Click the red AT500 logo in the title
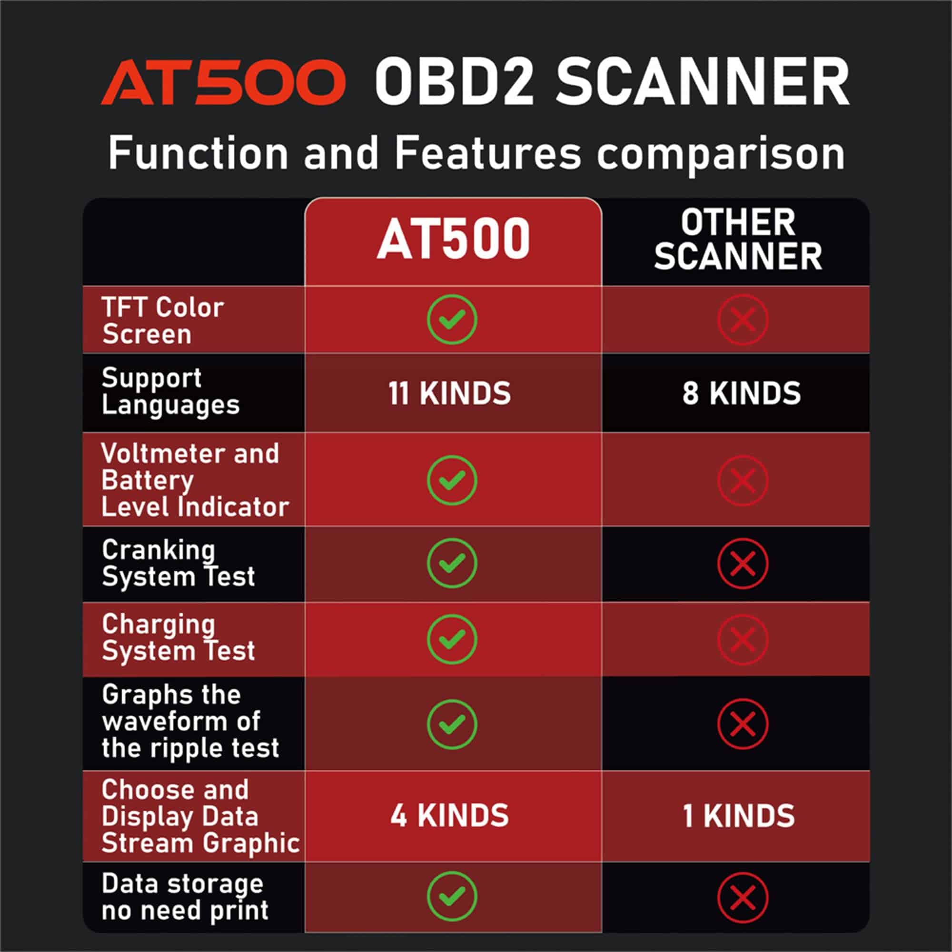click(223, 82)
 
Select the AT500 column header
click(453, 239)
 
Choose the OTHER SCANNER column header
click(738, 239)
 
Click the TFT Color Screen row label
click(163, 321)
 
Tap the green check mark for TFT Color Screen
click(452, 319)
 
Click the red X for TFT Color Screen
click(743, 319)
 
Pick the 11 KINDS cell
click(449, 393)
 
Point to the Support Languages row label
click(170, 392)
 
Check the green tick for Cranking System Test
click(452, 563)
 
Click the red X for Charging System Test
click(743, 639)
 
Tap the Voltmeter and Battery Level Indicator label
click(195, 480)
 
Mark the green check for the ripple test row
click(452, 724)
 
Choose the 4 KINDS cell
click(449, 815)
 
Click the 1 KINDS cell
click(739, 816)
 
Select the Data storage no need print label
click(185, 897)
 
